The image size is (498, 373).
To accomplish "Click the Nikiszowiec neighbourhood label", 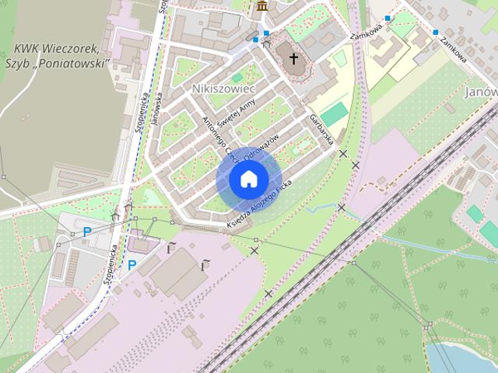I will [x=219, y=89].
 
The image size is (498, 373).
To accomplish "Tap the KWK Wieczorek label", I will [x=53, y=47].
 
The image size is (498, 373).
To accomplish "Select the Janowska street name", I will [x=157, y=110].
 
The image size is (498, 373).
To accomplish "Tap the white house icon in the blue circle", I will [x=248, y=180].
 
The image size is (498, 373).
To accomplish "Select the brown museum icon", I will [x=261, y=7].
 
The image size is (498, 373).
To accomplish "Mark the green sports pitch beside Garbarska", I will [x=334, y=115].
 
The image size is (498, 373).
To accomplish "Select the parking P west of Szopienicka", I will [x=87, y=231].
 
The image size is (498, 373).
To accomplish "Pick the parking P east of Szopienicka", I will [x=132, y=264].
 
